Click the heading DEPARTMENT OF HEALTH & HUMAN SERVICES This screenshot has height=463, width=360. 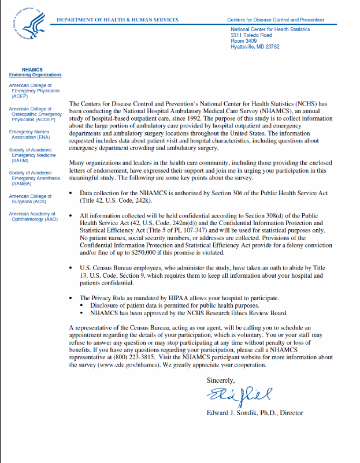117,20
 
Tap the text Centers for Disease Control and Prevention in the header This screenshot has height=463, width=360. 275,20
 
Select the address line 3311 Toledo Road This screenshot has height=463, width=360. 251,35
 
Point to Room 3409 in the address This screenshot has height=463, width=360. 244,40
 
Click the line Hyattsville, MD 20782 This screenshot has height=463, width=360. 255,46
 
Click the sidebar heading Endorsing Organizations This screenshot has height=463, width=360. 35,75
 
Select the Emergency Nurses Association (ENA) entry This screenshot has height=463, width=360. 28,135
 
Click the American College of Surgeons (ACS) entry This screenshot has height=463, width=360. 30,199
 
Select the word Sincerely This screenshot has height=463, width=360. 220,380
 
